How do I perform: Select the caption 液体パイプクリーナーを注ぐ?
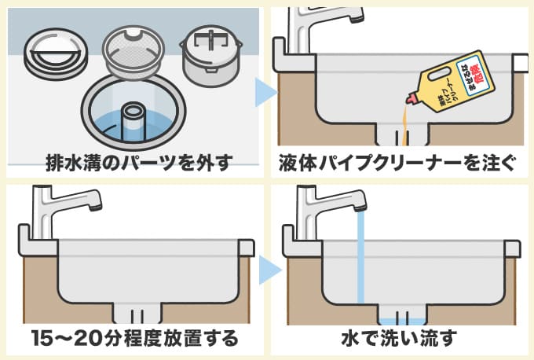[397, 163]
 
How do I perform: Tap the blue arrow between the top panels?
[265, 91]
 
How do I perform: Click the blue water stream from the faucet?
[360, 259]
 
